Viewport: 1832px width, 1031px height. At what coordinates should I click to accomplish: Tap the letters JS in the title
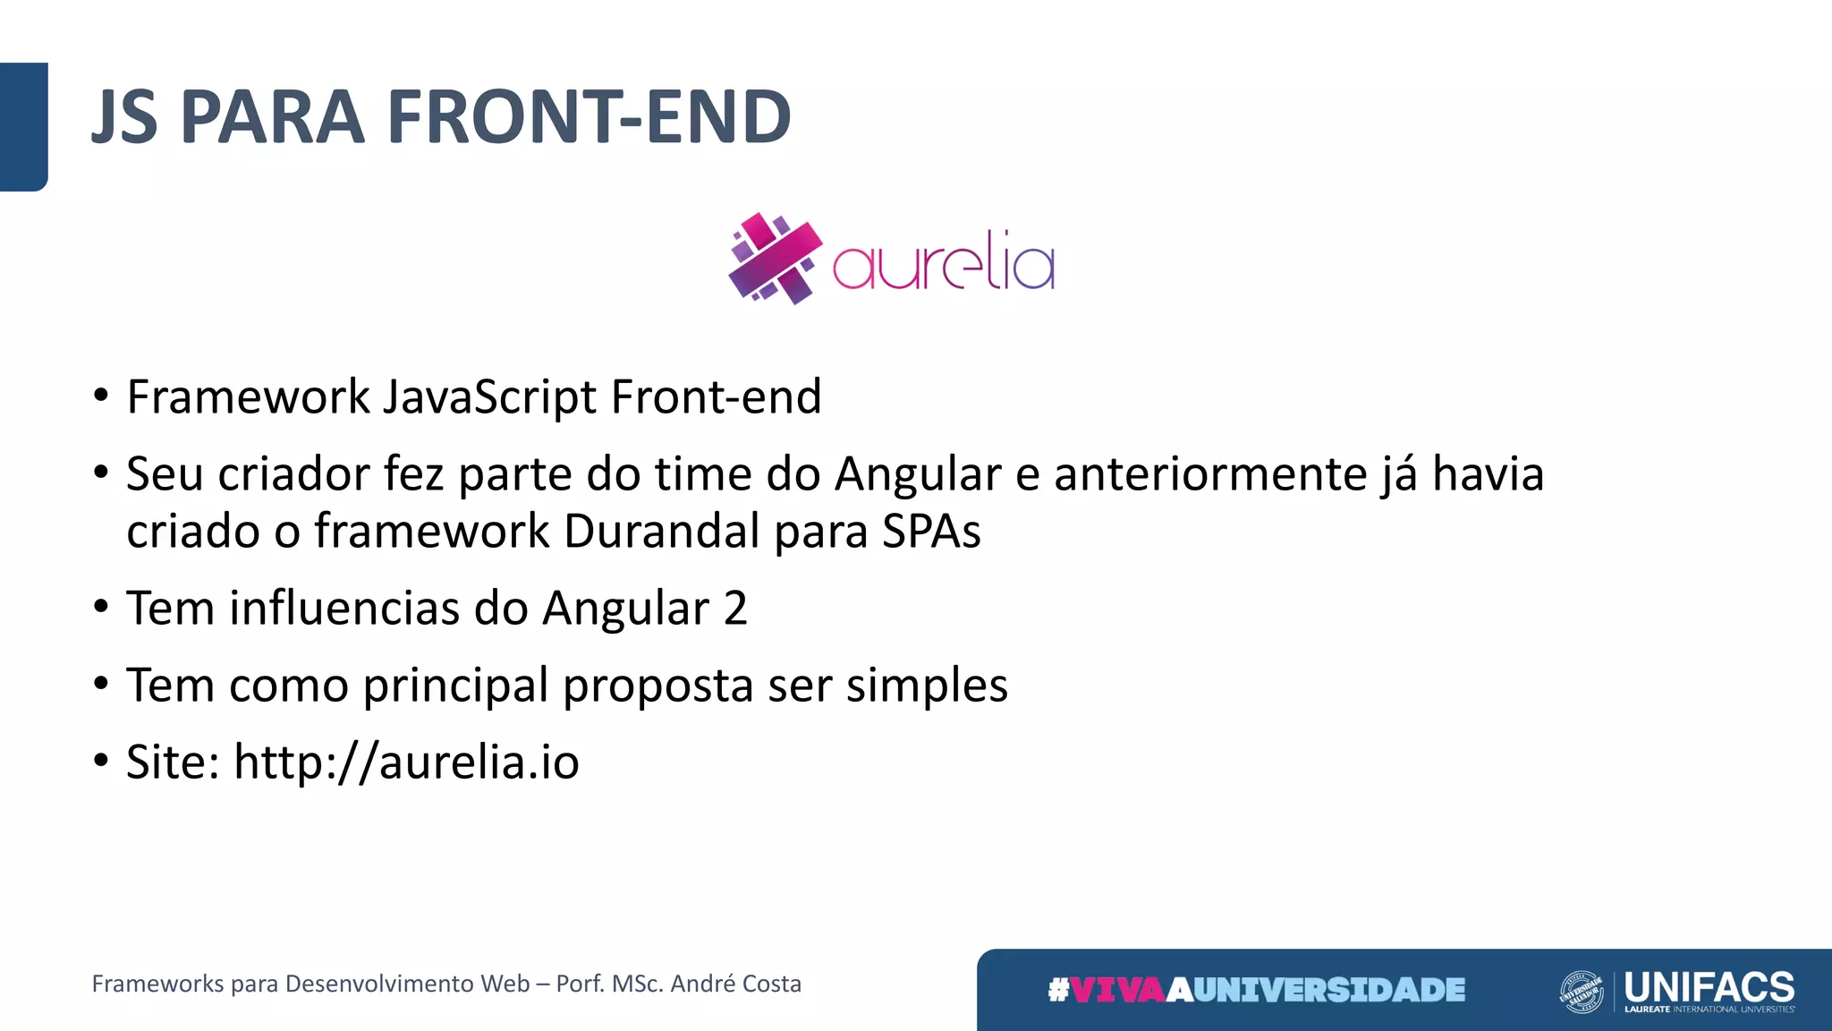(125, 117)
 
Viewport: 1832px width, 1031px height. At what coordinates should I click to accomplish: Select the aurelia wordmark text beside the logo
(944, 263)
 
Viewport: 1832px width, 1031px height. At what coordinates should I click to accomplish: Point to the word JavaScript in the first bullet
(489, 396)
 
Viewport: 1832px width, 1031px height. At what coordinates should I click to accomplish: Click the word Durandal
(661, 532)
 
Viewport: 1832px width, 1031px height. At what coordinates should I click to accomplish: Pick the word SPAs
(931, 532)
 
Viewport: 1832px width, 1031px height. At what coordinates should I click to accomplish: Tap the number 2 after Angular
(735, 609)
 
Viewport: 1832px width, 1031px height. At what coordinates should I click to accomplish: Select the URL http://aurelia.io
(406, 763)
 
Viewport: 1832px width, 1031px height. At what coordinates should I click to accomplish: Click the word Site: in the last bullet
(173, 763)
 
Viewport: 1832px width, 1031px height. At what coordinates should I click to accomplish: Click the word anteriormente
(1210, 474)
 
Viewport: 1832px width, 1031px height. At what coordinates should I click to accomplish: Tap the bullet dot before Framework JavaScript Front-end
(101, 395)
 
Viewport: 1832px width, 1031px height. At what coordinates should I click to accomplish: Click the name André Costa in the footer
(735, 984)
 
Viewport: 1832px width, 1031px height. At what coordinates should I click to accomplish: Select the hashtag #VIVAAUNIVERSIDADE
(1256, 990)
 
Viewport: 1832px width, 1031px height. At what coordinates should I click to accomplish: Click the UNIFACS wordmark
(1709, 987)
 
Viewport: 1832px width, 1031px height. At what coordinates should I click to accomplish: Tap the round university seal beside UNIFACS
(1582, 992)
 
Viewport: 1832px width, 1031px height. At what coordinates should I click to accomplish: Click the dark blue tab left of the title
(23, 126)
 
